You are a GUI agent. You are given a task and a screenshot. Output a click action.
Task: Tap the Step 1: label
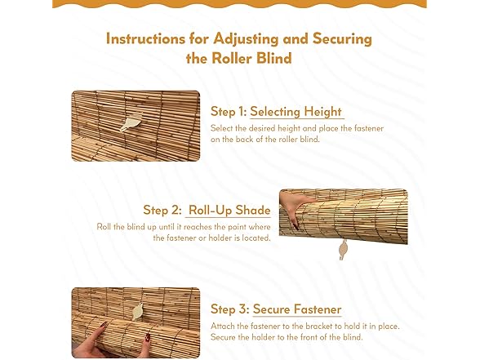pyautogui.click(x=228, y=112)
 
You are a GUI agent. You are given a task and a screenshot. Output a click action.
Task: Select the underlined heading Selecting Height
pyautogui.click(x=296, y=112)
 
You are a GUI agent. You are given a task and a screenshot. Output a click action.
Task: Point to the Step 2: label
pyautogui.click(x=162, y=211)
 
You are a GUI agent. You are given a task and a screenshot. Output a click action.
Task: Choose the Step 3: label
pyautogui.click(x=229, y=309)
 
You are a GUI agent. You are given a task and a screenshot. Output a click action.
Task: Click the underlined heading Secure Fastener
pyautogui.click(x=297, y=309)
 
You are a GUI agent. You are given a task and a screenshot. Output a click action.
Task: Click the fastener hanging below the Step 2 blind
pyautogui.click(x=342, y=251)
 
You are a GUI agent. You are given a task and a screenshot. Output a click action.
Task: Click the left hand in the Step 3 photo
pyautogui.click(x=91, y=341)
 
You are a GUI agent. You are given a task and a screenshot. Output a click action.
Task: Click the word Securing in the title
pyautogui.click(x=342, y=38)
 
